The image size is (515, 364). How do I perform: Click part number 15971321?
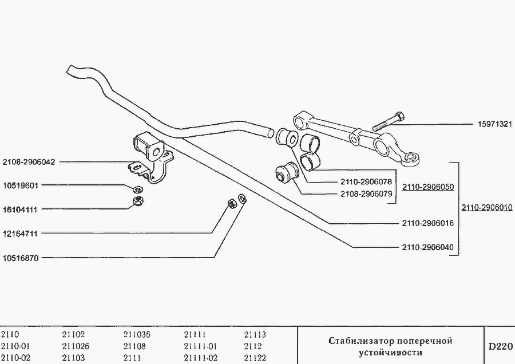click(494, 124)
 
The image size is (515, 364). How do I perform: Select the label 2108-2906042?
click(29, 162)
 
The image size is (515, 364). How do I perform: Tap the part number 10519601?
click(20, 185)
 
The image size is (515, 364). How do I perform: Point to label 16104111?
click(20, 209)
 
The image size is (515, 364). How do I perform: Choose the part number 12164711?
click(20, 234)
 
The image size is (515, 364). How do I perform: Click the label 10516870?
click(20, 258)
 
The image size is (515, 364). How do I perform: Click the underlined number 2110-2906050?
click(427, 187)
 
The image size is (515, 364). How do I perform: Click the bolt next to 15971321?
click(388, 122)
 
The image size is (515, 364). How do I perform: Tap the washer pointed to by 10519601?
click(137, 189)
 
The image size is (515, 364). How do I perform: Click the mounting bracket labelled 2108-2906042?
click(150, 157)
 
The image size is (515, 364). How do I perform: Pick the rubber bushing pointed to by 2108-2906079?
click(286, 172)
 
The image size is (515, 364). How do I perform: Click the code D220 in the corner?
click(500, 347)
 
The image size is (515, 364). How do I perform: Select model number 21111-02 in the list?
click(200, 358)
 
